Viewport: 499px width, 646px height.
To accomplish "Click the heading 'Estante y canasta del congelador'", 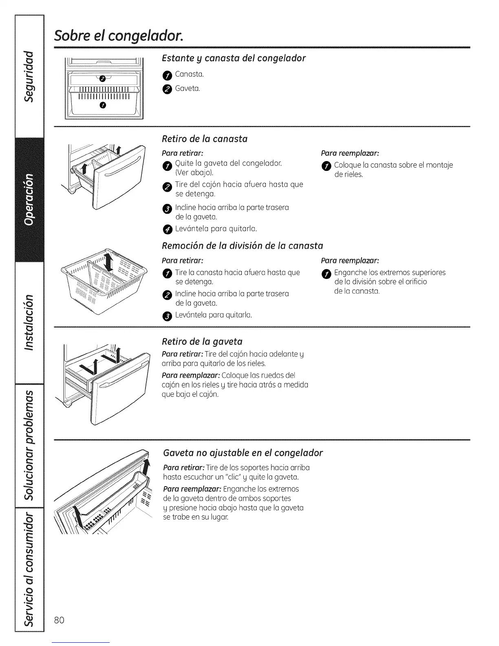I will click(234, 58).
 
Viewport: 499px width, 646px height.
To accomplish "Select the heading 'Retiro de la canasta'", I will click(205, 139).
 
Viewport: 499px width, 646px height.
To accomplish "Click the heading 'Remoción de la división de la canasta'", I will click(242, 246).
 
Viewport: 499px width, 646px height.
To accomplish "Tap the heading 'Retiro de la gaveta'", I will click(202, 341).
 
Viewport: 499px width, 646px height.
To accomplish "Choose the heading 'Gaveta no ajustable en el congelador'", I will click(243, 453).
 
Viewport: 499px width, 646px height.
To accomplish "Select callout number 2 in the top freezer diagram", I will click(102, 78).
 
